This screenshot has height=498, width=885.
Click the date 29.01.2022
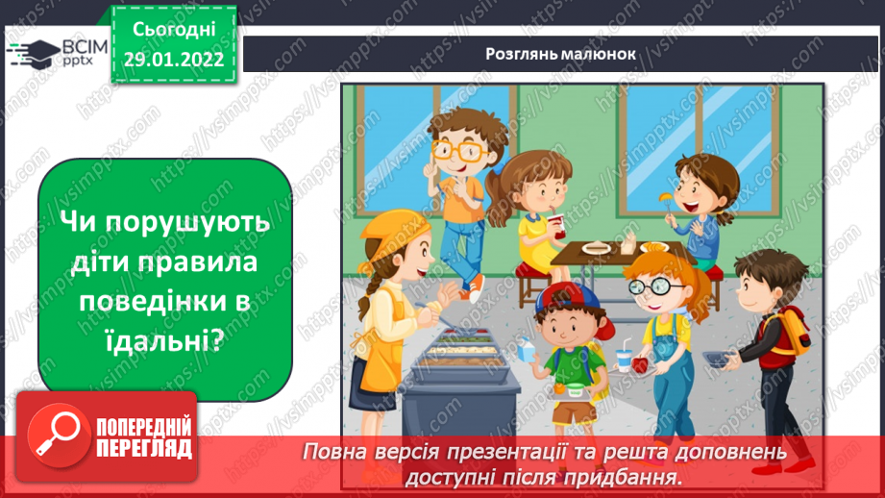pos(173,59)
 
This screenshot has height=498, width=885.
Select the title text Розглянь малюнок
pos(560,53)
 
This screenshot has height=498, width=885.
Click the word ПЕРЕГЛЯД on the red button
pos(144,448)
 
